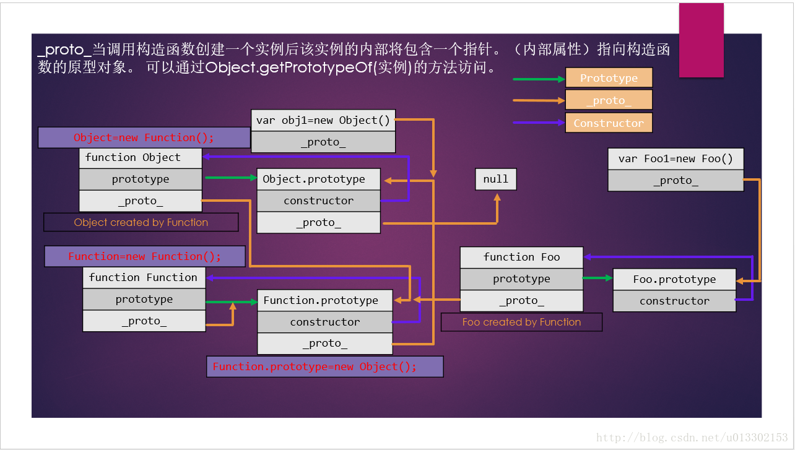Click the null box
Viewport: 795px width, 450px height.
click(x=495, y=179)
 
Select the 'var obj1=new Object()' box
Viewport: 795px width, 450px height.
click(x=323, y=121)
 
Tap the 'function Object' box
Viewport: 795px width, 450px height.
click(x=141, y=158)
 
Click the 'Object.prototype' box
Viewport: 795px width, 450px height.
click(x=318, y=180)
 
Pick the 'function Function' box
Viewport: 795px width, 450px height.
click(x=144, y=278)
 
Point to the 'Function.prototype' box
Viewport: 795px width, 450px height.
click(x=324, y=301)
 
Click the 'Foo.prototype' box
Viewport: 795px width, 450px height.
click(x=674, y=280)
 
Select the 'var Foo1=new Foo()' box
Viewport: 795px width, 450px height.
click(x=676, y=159)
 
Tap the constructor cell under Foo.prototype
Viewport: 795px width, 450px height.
click(x=674, y=301)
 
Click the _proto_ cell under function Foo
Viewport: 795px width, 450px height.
click(x=521, y=301)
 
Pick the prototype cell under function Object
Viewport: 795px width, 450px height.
click(x=141, y=180)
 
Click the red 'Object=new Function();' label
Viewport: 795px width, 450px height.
click(x=144, y=137)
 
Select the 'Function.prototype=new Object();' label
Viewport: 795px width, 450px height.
click(x=324, y=366)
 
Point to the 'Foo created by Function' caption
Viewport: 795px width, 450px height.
click(x=521, y=322)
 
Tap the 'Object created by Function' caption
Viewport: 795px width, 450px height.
click(x=141, y=222)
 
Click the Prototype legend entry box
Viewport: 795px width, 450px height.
click(x=609, y=78)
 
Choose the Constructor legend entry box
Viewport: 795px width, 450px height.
click(x=609, y=123)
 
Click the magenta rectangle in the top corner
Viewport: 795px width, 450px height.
click(x=701, y=40)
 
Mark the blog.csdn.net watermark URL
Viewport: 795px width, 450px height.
click(x=692, y=438)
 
